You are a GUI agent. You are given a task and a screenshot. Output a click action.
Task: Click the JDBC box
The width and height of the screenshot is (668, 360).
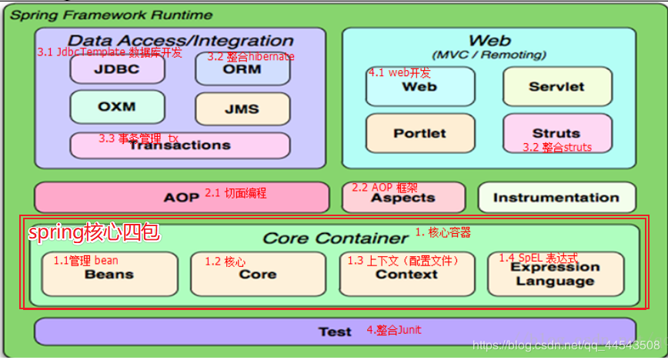(117, 68)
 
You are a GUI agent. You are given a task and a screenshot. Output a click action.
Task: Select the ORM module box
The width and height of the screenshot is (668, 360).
(242, 68)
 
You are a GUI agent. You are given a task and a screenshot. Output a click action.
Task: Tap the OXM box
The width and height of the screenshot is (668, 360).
(117, 107)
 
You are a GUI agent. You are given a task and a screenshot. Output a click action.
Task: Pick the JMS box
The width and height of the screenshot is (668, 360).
(242, 109)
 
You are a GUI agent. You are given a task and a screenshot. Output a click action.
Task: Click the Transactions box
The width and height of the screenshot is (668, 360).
(179, 145)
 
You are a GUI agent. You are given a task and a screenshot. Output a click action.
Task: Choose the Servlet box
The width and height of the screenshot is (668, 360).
(557, 87)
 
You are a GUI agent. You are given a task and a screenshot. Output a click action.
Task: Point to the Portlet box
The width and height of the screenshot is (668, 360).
(419, 133)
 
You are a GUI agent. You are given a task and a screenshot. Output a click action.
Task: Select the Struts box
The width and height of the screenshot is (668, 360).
(557, 133)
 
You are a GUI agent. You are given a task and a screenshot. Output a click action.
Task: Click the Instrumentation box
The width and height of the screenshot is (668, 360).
(556, 198)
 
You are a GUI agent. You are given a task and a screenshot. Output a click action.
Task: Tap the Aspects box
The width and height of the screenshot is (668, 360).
(403, 198)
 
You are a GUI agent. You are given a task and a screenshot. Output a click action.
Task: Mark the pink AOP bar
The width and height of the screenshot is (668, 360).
(182, 198)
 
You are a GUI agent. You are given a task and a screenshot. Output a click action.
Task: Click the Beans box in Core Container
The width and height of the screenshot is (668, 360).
(109, 274)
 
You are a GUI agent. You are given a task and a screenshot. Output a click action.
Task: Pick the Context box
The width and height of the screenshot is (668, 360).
(406, 274)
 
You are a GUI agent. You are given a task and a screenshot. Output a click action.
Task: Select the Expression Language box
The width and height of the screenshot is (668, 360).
(556, 274)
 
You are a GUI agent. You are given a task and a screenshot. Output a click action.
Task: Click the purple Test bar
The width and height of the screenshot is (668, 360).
(335, 332)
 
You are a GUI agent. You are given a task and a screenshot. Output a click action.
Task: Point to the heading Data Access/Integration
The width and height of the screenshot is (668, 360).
(181, 41)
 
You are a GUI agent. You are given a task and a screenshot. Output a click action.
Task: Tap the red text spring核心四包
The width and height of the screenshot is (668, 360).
(93, 233)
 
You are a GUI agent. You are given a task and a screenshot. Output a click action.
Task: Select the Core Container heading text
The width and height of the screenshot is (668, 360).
(336, 238)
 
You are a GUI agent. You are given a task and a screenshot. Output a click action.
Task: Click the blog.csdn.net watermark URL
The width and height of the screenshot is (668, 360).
(566, 345)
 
